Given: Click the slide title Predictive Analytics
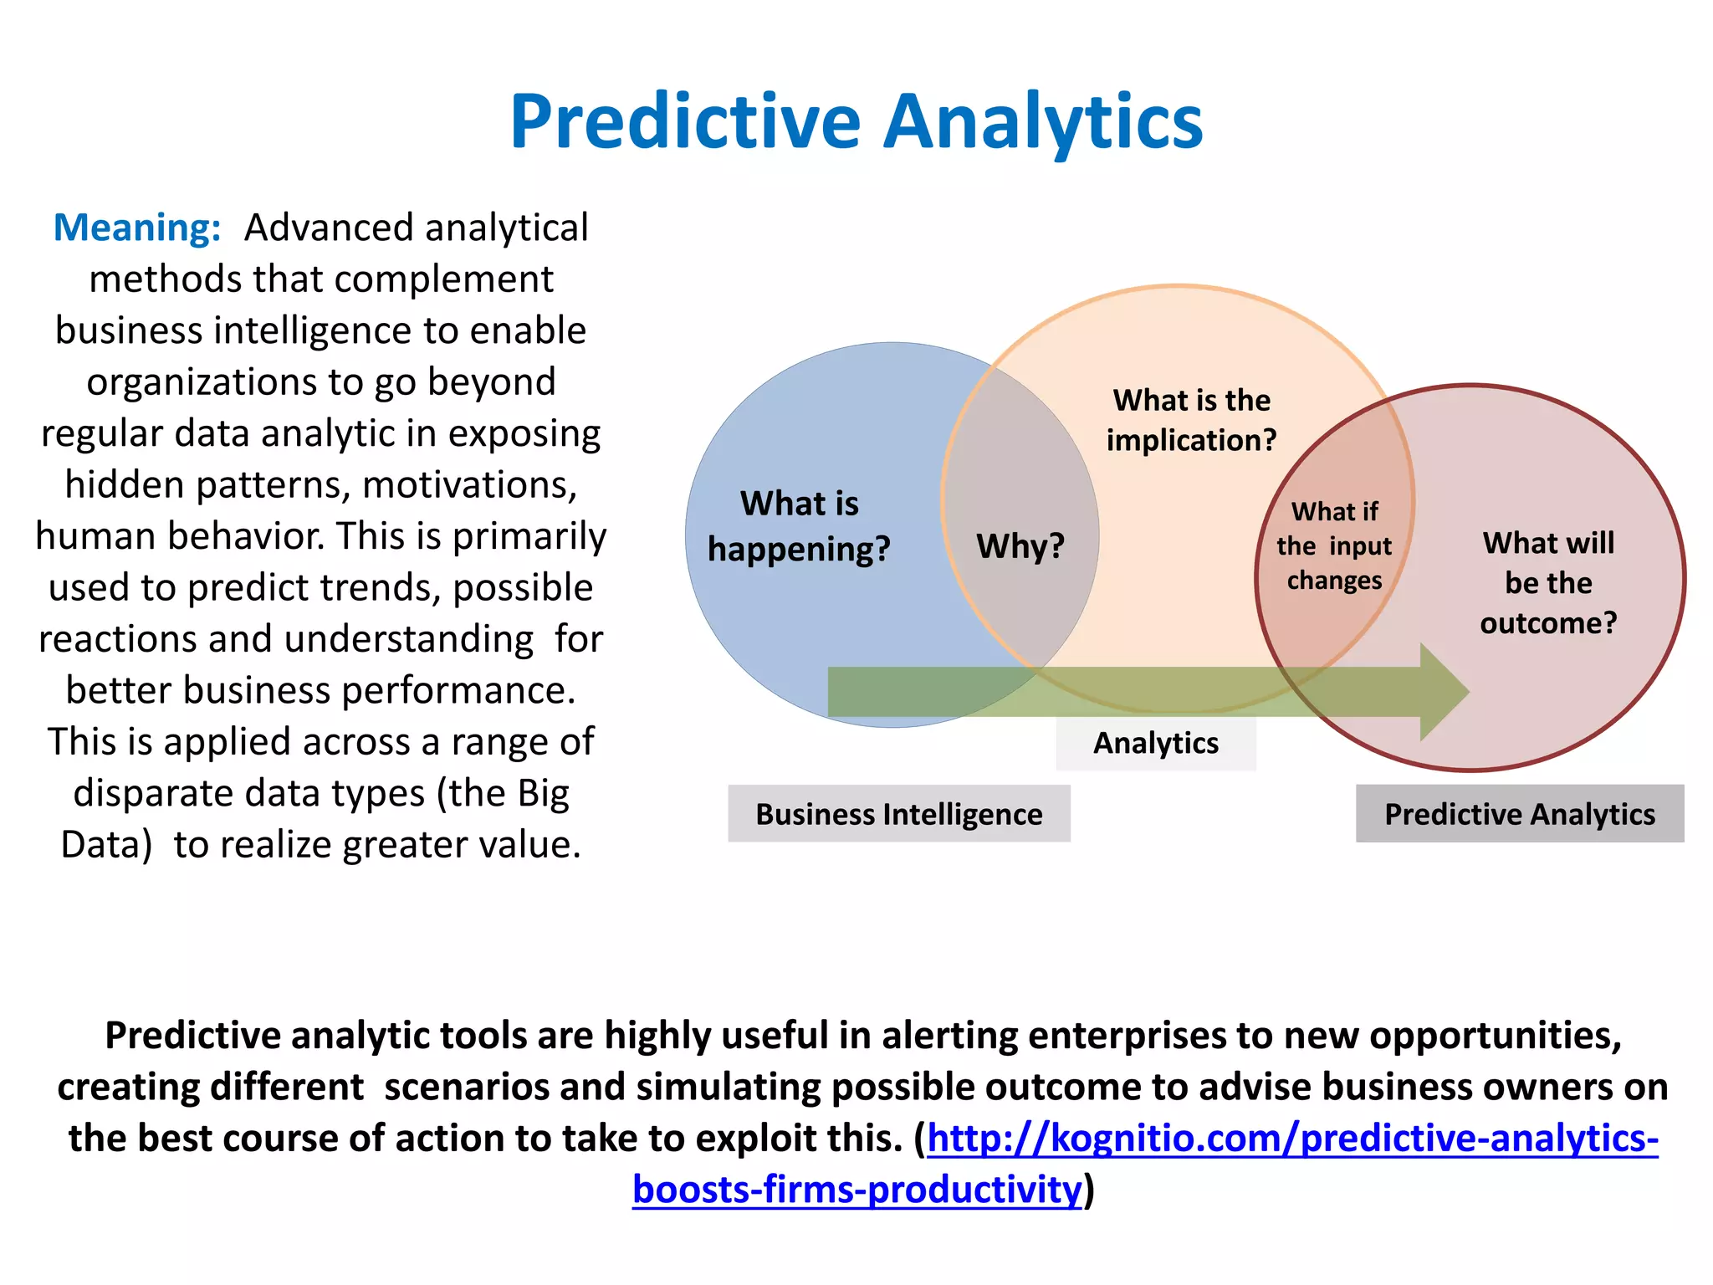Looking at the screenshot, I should click(x=856, y=122).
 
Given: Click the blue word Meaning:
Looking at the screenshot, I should click(x=137, y=228).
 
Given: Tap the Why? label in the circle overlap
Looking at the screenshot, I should click(x=1020, y=546).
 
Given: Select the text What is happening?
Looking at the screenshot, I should click(x=799, y=526).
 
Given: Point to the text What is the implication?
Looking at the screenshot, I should click(x=1191, y=420).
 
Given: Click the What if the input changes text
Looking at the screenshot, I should click(x=1334, y=545).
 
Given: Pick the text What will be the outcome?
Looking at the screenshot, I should click(x=1548, y=582).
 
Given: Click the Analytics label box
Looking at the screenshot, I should click(x=1156, y=743).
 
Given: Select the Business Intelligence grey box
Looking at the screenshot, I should click(x=898, y=814).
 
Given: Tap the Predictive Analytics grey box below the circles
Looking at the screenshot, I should click(x=1519, y=814).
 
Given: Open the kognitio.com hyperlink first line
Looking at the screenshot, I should click(x=1292, y=1139).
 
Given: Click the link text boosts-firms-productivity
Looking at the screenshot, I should click(x=856, y=1190).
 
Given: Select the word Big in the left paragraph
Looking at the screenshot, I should click(x=544, y=793).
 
